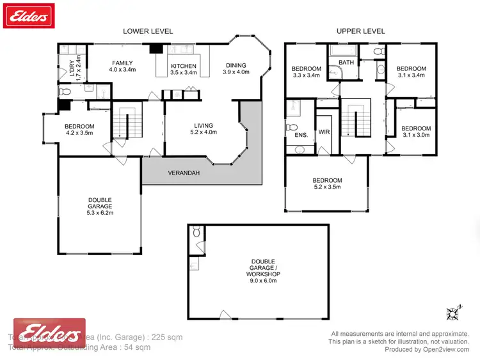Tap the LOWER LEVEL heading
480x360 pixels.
(148, 31)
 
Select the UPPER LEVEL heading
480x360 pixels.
(360, 31)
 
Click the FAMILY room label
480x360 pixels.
(122, 67)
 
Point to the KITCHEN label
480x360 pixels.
(182, 70)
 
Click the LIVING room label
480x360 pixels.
(204, 129)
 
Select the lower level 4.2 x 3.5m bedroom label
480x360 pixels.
(79, 130)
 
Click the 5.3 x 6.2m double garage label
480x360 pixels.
(100, 207)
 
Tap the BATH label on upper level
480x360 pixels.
(346, 63)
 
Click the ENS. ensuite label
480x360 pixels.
(301, 135)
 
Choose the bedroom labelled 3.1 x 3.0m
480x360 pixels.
(415, 132)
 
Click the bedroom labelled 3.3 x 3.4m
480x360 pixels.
(306, 72)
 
